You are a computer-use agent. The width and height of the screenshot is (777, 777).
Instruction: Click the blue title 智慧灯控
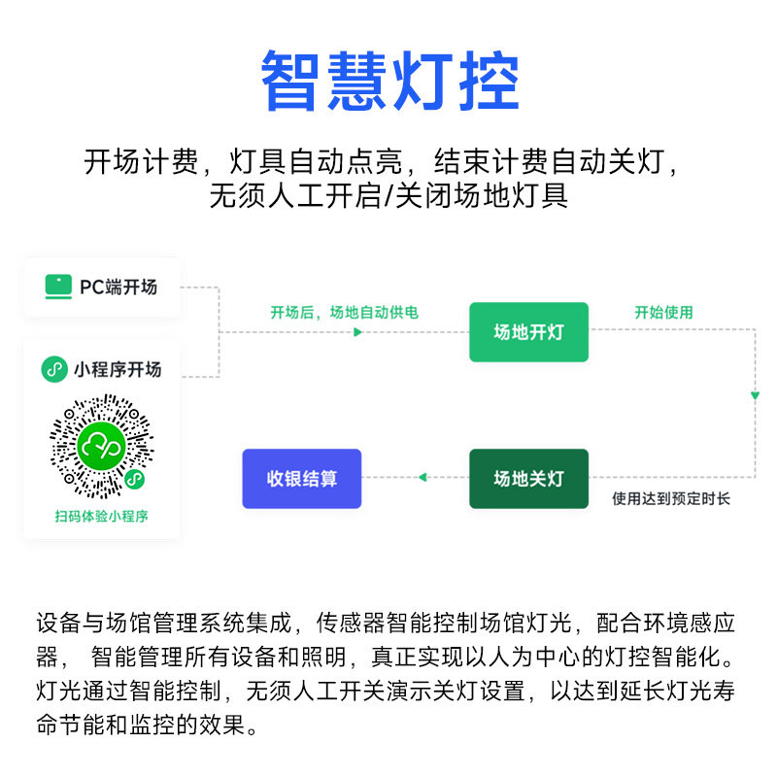pos(389,82)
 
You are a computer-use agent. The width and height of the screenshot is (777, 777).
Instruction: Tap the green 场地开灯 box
pos(528,332)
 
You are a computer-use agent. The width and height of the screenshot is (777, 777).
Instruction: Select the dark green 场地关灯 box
pos(528,479)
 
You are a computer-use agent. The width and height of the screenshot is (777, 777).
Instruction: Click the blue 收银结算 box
pos(301,479)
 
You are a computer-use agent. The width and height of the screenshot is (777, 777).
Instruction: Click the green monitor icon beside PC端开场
pos(58,287)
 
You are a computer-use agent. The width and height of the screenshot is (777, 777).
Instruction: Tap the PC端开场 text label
pos(118,287)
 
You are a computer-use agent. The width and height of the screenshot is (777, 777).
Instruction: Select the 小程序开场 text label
pos(118,369)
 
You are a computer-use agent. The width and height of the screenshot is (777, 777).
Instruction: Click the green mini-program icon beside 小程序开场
pos(54,369)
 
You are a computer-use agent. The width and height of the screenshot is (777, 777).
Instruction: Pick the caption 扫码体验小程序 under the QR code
pos(101,517)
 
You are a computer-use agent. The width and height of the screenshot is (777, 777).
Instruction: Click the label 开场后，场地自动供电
pos(345,313)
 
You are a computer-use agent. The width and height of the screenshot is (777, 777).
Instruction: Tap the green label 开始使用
pos(664,313)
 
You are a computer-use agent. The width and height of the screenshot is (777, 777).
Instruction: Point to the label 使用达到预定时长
pos(671,499)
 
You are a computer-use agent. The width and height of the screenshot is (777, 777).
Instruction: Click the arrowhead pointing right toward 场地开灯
pos(357,332)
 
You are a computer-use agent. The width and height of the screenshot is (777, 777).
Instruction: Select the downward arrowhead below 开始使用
pos(755,395)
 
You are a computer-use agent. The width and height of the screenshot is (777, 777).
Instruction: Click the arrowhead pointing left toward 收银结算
pos(421,477)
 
